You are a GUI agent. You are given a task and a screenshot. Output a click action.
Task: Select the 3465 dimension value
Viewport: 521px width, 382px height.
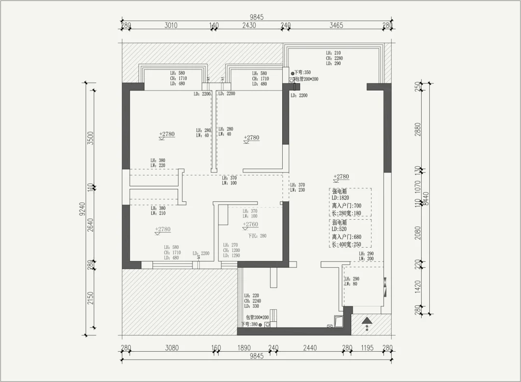coord(336,26)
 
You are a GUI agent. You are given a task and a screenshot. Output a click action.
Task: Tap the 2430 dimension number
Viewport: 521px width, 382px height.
coord(249,26)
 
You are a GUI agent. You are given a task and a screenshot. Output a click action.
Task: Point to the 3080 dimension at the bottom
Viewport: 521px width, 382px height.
coord(172,348)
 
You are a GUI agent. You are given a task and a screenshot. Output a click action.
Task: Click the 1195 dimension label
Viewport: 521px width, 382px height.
coord(368,348)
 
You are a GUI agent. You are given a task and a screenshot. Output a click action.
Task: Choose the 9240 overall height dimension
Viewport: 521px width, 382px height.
coord(82,209)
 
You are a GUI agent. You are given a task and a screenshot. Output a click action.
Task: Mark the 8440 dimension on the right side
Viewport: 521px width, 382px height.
coord(425,198)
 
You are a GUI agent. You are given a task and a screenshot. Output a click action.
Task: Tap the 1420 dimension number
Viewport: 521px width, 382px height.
coord(418,286)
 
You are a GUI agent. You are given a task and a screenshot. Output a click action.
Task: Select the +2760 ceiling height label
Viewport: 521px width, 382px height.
coord(250,224)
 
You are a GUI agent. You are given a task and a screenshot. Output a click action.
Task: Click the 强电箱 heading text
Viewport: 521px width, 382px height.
coord(340,191)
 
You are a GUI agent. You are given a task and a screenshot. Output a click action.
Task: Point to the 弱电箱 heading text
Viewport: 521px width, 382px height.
coord(340,223)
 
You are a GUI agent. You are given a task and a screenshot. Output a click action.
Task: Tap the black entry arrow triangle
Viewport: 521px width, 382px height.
coord(367,320)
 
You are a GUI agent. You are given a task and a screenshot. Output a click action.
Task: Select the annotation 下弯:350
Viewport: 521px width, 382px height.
coord(302,72)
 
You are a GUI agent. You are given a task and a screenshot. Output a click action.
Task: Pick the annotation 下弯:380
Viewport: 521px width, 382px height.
coord(249,325)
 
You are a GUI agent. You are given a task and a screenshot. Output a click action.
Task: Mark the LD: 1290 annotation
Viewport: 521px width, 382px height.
coord(232,255)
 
